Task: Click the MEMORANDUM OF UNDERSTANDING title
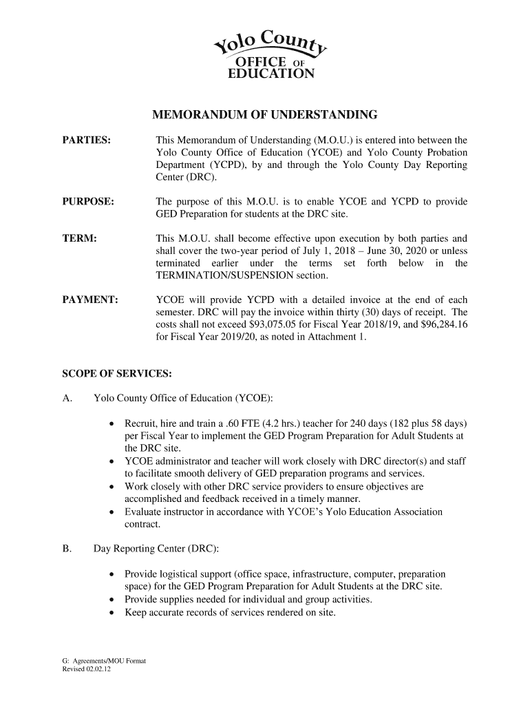coord(265,114)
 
